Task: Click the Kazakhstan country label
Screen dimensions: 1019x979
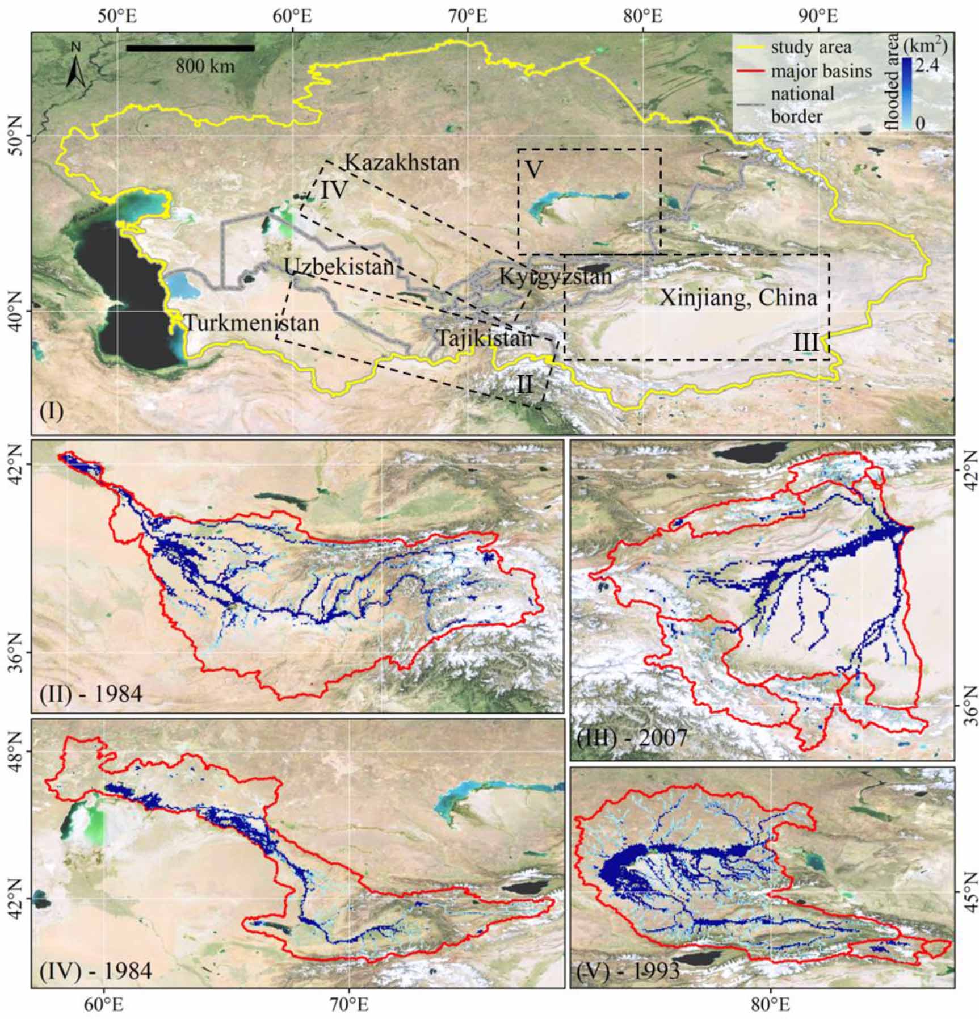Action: pyautogui.click(x=402, y=163)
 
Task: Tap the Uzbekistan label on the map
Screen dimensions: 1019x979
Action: pyautogui.click(x=339, y=267)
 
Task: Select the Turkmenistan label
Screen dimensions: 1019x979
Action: pyautogui.click(x=251, y=324)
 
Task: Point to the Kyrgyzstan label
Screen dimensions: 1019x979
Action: pyautogui.click(x=556, y=277)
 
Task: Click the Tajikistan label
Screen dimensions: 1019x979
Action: pyautogui.click(x=484, y=339)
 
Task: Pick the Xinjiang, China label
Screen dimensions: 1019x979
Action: pyautogui.click(x=738, y=298)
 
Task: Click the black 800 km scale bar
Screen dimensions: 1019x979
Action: pyautogui.click(x=190, y=48)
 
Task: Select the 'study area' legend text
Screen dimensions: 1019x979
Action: pyautogui.click(x=811, y=47)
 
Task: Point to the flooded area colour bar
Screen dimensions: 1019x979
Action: pyautogui.click(x=906, y=94)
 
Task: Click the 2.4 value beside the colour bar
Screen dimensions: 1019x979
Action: pyautogui.click(x=926, y=66)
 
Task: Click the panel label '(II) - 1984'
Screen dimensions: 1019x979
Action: pyautogui.click(x=91, y=694)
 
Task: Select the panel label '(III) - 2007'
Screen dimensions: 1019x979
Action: pyautogui.click(x=631, y=739)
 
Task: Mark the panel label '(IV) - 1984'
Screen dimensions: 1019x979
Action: pyautogui.click(x=95, y=971)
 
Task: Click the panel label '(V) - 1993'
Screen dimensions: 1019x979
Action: pyautogui.click(x=628, y=971)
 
